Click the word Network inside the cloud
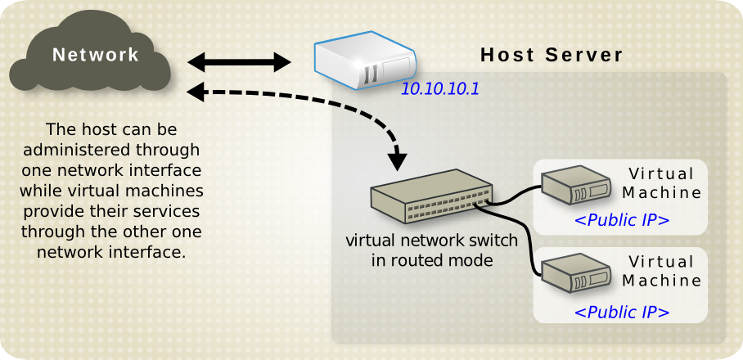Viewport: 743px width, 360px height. click(x=96, y=55)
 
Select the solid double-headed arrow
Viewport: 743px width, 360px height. click(x=239, y=62)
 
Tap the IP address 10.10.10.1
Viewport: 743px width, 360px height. click(x=439, y=88)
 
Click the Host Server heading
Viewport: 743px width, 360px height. click(x=552, y=56)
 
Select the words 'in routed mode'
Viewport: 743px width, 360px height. click(x=431, y=260)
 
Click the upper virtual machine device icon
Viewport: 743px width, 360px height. click(x=579, y=186)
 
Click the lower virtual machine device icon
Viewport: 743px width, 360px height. click(x=579, y=274)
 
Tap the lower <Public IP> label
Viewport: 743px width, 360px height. click(x=622, y=312)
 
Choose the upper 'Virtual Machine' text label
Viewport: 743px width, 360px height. click(x=662, y=183)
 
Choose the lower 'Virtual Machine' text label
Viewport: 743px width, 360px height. click(x=662, y=271)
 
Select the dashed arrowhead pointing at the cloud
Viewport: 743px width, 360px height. click(x=196, y=92)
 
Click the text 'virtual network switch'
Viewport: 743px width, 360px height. click(x=431, y=241)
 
